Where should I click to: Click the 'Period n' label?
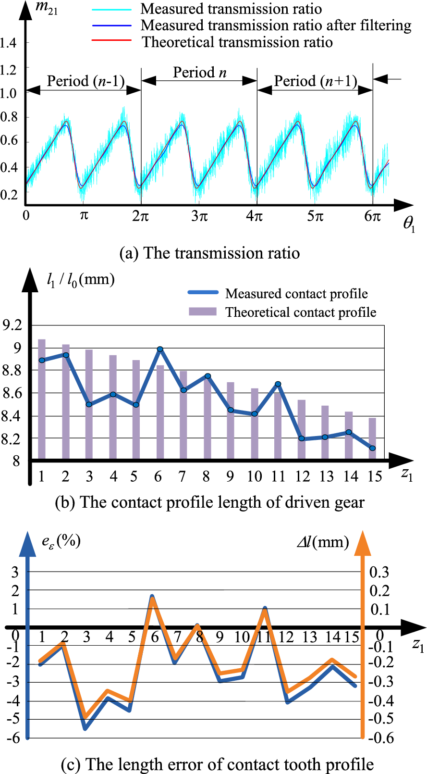199,73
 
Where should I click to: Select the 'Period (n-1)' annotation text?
85,81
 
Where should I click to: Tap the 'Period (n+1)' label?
316,81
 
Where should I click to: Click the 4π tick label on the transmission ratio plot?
255,216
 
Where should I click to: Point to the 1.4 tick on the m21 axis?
9,43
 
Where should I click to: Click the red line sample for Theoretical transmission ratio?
111,41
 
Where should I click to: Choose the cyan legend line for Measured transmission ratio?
111,9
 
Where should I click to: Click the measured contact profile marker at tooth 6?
160,350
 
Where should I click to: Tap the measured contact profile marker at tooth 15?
372,448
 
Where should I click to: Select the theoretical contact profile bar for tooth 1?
42,399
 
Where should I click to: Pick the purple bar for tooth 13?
325,433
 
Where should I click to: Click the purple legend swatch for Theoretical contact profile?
203,312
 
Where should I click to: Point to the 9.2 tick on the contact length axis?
12,325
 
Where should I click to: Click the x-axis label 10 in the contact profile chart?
254,476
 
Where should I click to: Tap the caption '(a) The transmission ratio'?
209,253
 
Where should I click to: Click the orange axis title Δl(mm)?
323,543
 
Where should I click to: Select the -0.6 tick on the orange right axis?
381,738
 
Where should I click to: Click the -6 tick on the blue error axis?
13,738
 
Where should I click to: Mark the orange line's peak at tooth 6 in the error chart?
153,599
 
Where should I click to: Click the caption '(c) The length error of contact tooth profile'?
217,764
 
